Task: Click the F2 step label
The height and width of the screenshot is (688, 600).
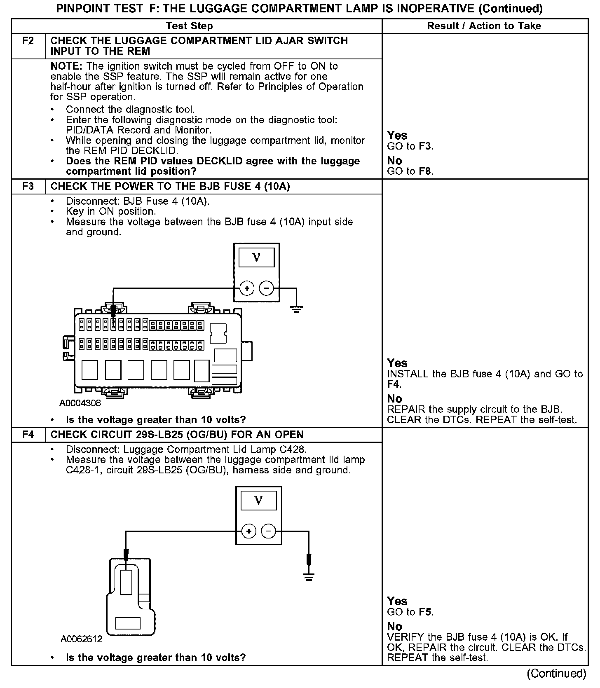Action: [28, 41]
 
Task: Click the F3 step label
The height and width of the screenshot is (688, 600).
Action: [28, 187]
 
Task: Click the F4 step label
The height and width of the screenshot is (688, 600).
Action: [28, 435]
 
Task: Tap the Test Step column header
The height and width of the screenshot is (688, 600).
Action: [189, 26]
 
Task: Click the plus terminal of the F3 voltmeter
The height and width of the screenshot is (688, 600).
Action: [247, 288]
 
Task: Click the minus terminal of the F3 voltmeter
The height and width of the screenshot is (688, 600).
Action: [266, 288]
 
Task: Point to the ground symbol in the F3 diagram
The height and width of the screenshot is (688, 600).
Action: [296, 308]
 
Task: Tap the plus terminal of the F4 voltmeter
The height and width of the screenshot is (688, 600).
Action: [248, 531]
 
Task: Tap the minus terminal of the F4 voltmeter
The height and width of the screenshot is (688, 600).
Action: [268, 531]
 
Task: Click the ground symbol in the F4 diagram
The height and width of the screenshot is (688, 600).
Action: [309, 576]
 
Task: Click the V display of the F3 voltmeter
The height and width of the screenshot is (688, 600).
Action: [256, 258]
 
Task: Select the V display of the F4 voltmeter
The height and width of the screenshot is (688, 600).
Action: [258, 501]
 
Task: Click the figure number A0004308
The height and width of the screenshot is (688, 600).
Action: [80, 403]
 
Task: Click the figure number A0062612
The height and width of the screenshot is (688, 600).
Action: [81, 639]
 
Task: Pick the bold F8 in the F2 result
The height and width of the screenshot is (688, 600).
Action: [425, 171]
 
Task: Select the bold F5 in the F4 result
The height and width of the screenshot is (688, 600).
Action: [425, 612]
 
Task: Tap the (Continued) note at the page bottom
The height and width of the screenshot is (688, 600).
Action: [556, 673]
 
